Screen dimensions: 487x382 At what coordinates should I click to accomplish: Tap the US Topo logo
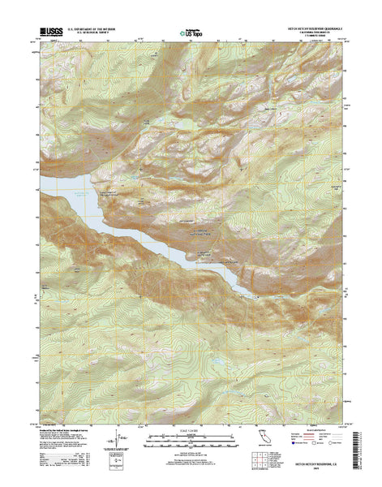pyautogui.click(x=191, y=34)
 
